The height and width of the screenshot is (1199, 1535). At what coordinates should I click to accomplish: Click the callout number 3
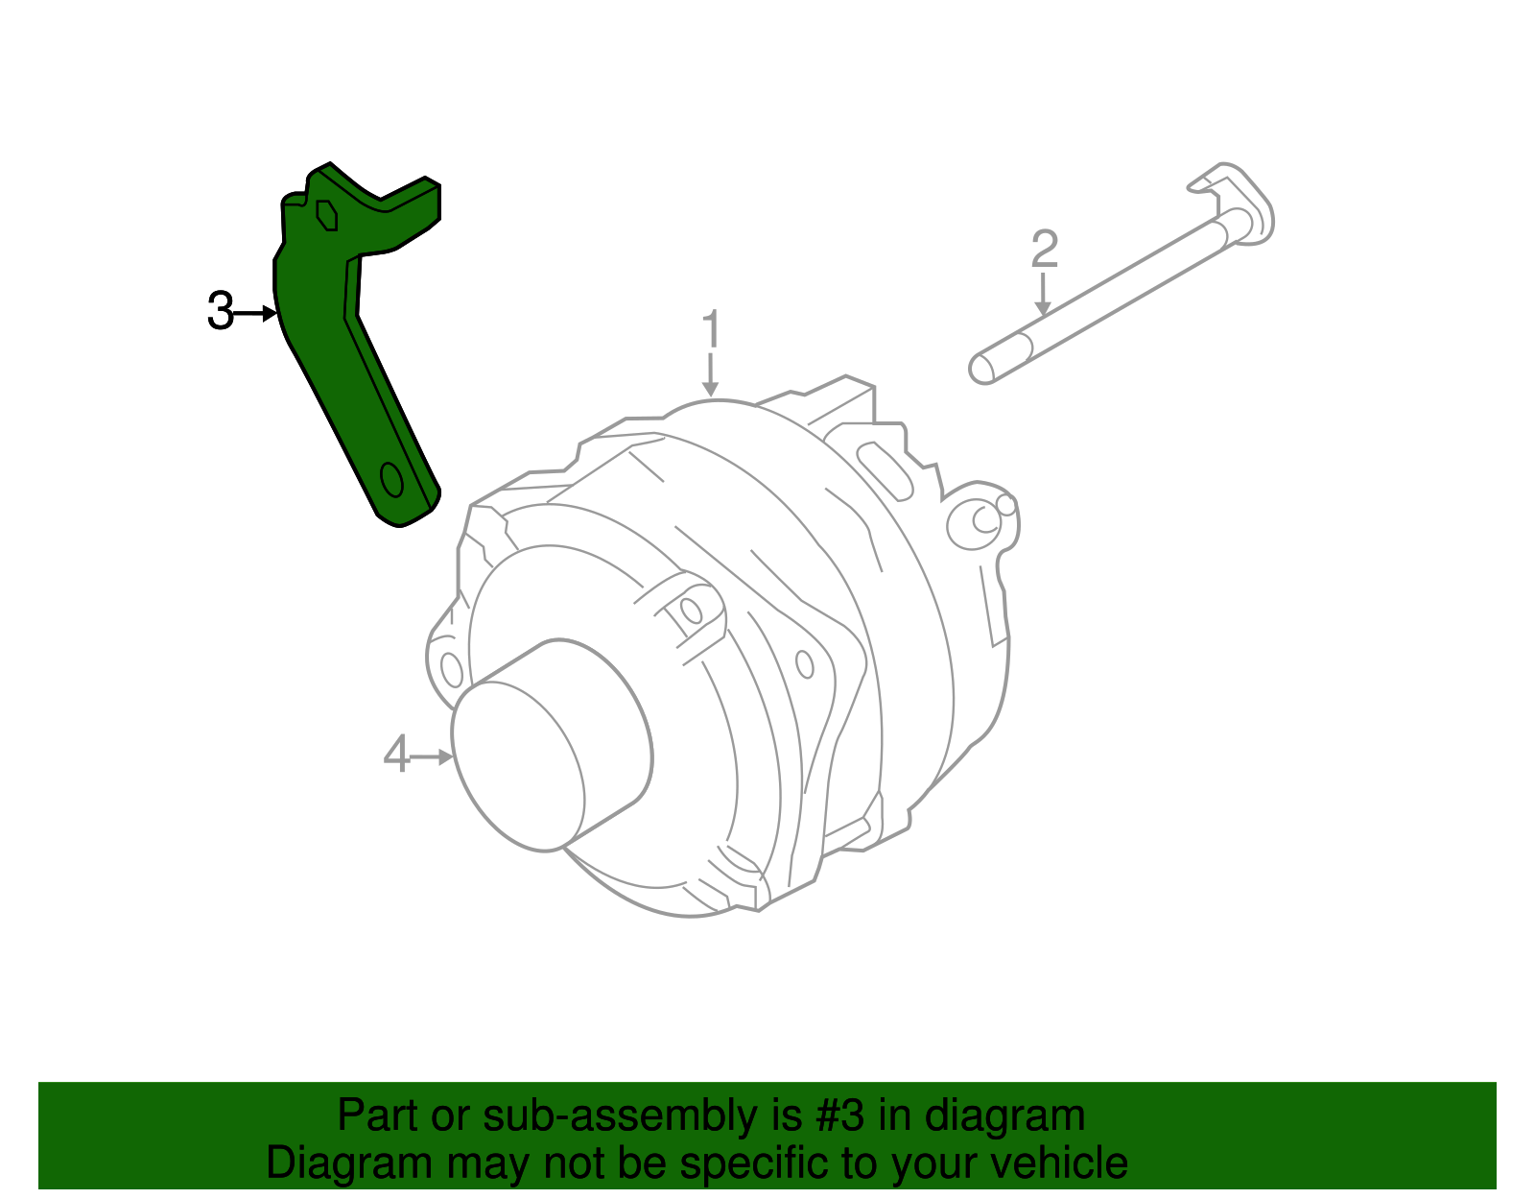(220, 312)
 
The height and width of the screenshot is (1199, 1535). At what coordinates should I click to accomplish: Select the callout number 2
(1044, 250)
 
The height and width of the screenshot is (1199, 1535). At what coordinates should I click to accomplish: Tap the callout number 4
(396, 755)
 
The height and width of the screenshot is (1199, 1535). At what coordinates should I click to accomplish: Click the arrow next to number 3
(256, 313)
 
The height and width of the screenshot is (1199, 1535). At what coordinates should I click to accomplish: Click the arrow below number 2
(1043, 295)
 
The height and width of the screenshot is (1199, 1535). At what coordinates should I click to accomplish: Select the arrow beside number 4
(431, 756)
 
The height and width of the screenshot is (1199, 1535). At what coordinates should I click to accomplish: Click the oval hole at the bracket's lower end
(391, 479)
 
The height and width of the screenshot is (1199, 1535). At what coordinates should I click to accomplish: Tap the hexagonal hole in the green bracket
(327, 214)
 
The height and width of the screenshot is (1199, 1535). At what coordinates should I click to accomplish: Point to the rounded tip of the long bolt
(982, 369)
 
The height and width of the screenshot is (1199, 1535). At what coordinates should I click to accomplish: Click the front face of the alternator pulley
(518, 766)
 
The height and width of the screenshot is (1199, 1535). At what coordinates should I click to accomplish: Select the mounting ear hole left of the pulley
(451, 668)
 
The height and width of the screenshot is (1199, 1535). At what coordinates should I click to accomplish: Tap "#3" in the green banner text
(838, 1116)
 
